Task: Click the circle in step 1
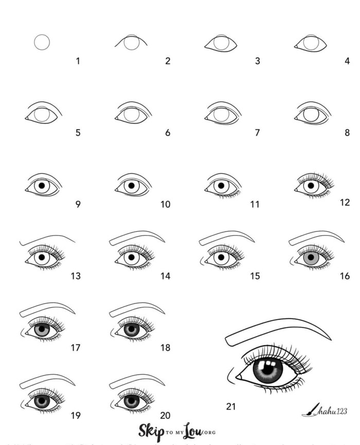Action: [42, 42]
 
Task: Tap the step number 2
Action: [168, 61]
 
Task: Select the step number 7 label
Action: [257, 133]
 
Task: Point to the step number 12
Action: [345, 202]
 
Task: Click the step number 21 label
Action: [231, 406]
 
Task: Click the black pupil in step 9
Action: [41, 186]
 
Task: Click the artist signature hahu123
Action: [333, 411]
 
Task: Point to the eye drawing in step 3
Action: [221, 44]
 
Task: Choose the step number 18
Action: [165, 348]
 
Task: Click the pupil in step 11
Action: [221, 186]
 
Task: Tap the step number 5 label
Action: [78, 133]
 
